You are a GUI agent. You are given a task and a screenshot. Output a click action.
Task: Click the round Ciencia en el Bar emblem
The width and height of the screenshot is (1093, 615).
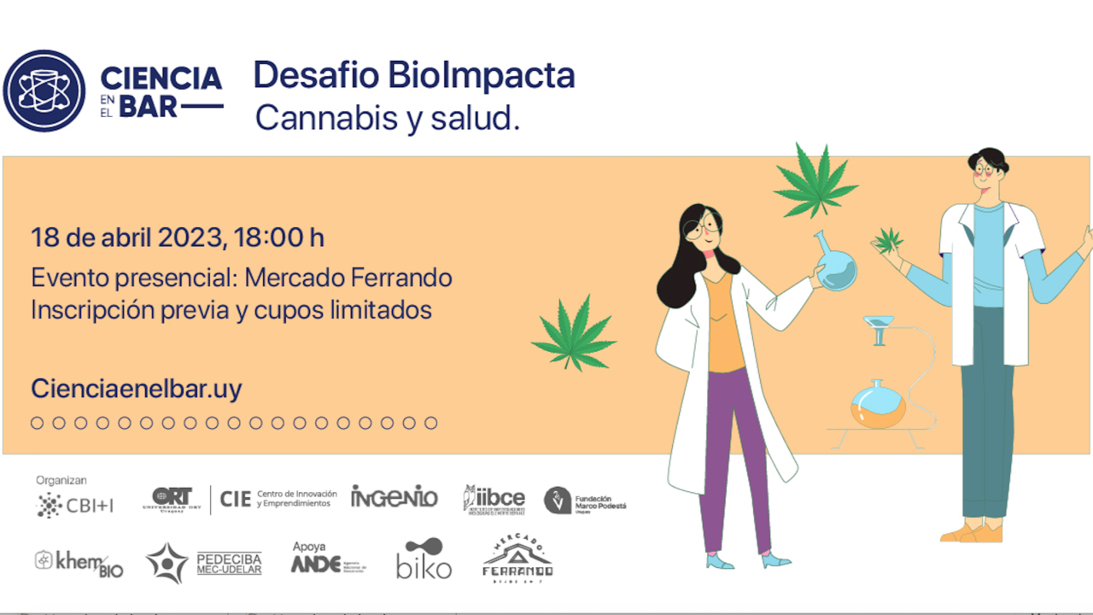[x=44, y=91]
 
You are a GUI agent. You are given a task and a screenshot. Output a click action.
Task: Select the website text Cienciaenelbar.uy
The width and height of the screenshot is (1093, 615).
[x=137, y=389]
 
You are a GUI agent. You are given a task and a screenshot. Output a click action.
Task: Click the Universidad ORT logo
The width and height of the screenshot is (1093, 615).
[x=172, y=499]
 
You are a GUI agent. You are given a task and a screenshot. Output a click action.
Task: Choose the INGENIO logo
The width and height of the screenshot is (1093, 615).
[x=394, y=496]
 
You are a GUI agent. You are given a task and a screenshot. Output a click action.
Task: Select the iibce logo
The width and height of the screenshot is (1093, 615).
[x=494, y=499]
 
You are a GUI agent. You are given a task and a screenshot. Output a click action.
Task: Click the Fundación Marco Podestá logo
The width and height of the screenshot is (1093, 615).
[x=586, y=501]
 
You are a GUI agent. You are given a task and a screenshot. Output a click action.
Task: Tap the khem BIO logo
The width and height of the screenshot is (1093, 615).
[x=79, y=563]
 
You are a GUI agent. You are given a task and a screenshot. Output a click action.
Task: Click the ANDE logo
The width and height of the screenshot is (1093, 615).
[x=318, y=564]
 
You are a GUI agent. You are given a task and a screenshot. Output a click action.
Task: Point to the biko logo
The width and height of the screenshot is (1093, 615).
[x=424, y=559]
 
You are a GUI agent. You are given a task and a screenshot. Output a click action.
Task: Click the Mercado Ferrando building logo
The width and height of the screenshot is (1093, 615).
[x=517, y=559]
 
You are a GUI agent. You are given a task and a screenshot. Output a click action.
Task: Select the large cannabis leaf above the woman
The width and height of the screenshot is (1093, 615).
[x=815, y=181]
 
